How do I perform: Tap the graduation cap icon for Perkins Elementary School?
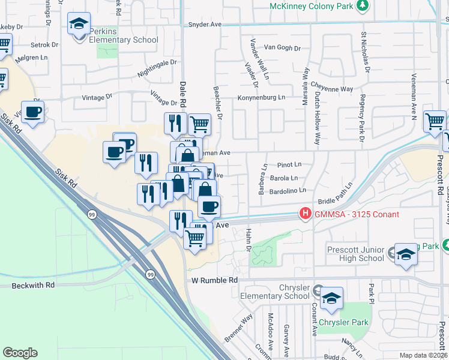click(x=79, y=24)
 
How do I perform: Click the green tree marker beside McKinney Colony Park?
click(x=362, y=6)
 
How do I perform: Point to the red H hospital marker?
click(x=306, y=214)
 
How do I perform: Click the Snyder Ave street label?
click(x=205, y=25)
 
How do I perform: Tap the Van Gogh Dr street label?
click(x=286, y=47)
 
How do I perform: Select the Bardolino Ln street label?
click(x=286, y=190)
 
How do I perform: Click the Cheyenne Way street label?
click(x=333, y=89)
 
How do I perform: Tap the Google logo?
click(x=20, y=353)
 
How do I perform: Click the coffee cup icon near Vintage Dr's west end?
click(x=32, y=112)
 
